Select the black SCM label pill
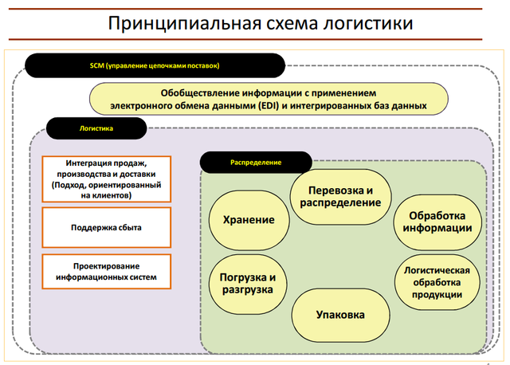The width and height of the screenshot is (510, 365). point(155,65)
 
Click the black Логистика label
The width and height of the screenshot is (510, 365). point(96,128)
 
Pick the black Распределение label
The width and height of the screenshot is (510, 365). point(255,162)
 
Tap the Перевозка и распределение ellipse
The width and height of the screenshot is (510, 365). point(340,196)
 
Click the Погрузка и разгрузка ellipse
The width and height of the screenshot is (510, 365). point(247,283)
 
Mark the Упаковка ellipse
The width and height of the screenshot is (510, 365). point(339,315)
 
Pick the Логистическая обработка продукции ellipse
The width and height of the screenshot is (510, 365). point(439,282)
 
